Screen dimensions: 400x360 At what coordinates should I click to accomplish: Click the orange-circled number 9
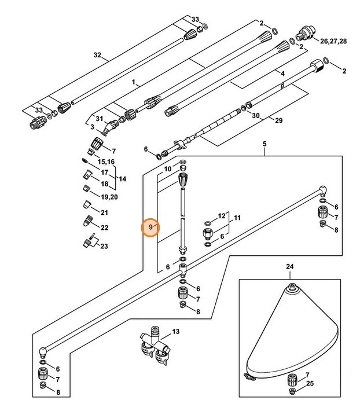[150, 227]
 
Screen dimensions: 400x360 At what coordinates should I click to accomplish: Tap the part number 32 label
[97, 56]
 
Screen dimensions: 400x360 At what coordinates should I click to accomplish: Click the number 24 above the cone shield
[290, 267]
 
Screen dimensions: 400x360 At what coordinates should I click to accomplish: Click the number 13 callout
[176, 332]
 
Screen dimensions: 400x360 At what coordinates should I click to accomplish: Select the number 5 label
[265, 143]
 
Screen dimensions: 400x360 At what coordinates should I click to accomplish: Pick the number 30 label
[256, 115]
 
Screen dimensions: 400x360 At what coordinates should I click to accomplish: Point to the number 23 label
[104, 246]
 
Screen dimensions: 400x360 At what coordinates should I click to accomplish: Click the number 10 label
[168, 169]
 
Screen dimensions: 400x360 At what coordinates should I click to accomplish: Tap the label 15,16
[105, 162]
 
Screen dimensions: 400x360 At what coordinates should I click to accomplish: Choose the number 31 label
[99, 119]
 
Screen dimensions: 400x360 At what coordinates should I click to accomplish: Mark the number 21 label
[104, 212]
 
